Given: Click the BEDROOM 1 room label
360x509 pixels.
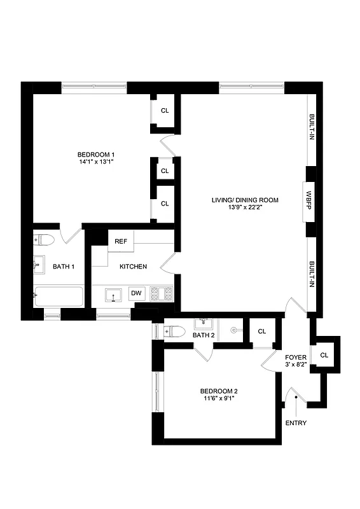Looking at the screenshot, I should pyautogui.click(x=95, y=155).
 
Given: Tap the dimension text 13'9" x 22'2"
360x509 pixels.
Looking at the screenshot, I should pyautogui.click(x=245, y=208).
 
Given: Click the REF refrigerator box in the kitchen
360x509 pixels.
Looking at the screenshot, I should pyautogui.click(x=121, y=242).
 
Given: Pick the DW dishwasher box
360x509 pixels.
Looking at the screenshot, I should pyautogui.click(x=136, y=293).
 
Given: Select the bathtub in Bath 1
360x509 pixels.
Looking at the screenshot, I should pyautogui.click(x=59, y=297).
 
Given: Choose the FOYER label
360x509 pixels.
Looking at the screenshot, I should pyautogui.click(x=296, y=358).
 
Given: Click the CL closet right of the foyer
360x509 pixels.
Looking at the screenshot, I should pyautogui.click(x=324, y=354).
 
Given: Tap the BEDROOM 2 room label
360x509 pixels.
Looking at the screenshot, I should pyautogui.click(x=219, y=391).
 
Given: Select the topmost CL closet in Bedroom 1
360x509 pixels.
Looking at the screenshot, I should pyautogui.click(x=165, y=111).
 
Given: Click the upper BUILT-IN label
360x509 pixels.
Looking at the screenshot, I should pyautogui.click(x=312, y=129).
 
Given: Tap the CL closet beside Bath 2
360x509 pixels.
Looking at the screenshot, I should pyautogui.click(x=262, y=331).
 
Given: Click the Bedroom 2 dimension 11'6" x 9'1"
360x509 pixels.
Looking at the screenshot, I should pyautogui.click(x=219, y=400).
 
